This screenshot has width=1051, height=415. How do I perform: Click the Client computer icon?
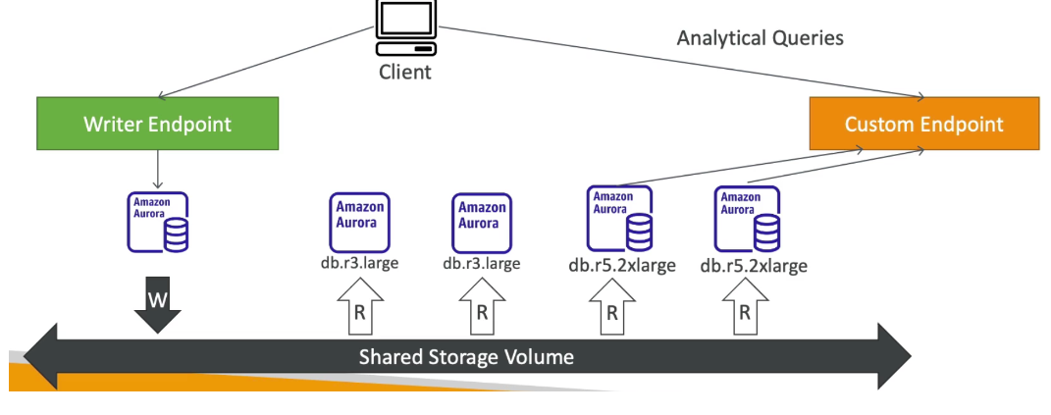tap(405, 28)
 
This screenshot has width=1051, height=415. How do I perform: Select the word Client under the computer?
tap(405, 72)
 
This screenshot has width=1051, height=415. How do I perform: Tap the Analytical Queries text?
tap(760, 38)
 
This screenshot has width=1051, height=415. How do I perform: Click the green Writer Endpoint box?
tap(158, 124)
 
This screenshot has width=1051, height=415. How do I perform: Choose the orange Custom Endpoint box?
tap(923, 124)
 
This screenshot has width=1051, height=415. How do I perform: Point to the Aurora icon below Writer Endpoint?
tap(158, 222)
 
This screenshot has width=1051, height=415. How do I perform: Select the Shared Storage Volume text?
tap(466, 356)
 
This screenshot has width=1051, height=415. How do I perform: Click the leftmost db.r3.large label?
tap(359, 263)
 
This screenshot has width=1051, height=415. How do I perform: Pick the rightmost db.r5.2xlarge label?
tap(754, 266)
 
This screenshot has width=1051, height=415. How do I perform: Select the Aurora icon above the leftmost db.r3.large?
tap(359, 222)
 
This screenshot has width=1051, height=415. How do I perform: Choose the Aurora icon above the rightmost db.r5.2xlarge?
tap(749, 220)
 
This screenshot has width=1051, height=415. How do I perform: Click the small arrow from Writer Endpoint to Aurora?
tap(157, 172)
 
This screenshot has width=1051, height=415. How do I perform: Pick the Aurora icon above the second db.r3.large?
tap(482, 222)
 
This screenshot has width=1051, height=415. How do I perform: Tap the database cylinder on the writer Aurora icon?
tap(175, 233)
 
